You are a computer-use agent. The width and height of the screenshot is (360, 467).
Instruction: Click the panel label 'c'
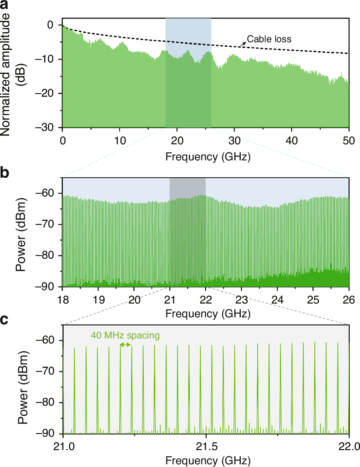5,319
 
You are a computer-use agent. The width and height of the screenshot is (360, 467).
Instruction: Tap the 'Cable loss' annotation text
269,39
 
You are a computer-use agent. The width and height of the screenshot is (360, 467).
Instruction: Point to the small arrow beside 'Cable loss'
243,44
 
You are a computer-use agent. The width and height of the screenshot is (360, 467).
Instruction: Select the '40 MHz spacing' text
125,335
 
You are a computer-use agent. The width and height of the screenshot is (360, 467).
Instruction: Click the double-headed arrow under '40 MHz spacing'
125,345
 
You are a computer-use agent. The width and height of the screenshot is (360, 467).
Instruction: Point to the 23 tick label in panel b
242,299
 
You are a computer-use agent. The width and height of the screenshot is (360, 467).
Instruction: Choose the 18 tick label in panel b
62,299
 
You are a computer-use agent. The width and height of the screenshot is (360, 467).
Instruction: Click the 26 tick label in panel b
349,299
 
